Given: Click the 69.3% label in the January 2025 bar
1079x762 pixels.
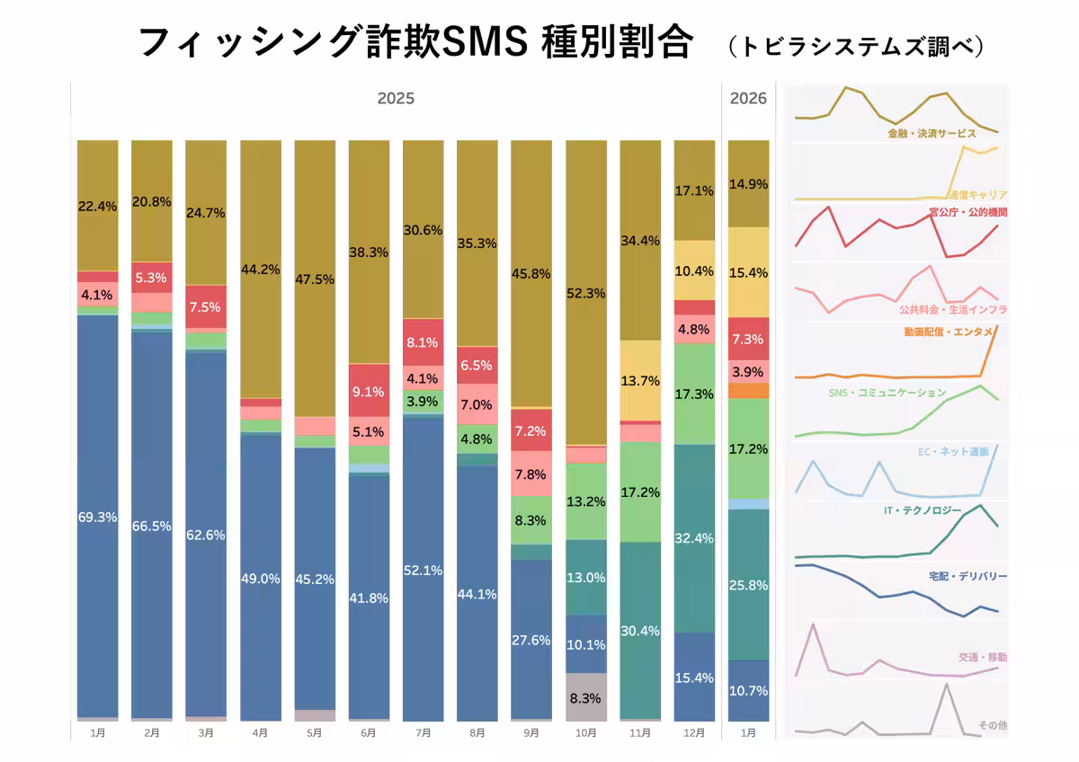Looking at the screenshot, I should [x=98, y=518].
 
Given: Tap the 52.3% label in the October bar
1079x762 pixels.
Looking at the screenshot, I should [x=585, y=293].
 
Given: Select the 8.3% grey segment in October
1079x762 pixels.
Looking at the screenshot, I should [x=585, y=697].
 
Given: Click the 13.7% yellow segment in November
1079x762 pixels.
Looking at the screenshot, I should [x=640, y=380].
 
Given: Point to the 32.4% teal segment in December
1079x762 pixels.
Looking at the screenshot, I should [x=694, y=538].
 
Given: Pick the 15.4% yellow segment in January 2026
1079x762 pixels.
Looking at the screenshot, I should [x=748, y=272].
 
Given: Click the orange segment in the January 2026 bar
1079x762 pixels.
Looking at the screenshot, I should [x=748, y=391].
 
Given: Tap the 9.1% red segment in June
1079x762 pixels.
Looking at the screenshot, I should [x=369, y=391].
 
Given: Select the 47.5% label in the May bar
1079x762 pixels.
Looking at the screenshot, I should [x=315, y=279].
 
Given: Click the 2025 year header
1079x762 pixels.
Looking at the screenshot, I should [x=396, y=98].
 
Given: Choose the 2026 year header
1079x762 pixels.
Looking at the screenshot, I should [x=749, y=98].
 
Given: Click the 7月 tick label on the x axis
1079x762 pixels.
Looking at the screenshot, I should [x=423, y=733].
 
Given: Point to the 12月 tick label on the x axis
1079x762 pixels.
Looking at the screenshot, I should [x=694, y=733].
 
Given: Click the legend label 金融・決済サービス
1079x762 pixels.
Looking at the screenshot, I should [x=932, y=133].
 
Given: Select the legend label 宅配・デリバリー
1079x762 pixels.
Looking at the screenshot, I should [x=967, y=576].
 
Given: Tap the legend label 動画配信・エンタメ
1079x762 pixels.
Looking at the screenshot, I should [x=949, y=332].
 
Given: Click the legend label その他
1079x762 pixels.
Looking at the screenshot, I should [x=992, y=724].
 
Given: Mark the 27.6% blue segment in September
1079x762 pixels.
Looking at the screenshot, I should [x=531, y=640].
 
